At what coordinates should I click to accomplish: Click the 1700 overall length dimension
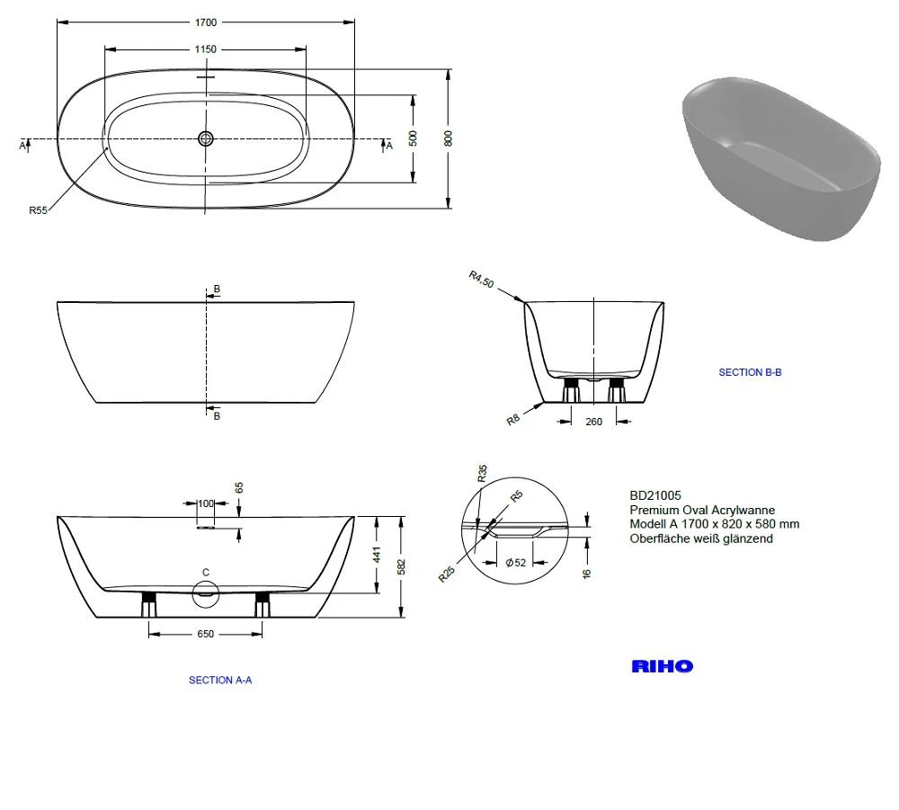(206, 22)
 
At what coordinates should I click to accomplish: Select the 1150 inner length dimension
(205, 49)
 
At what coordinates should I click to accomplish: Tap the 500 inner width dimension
(414, 138)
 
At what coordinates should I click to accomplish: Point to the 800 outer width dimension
(449, 138)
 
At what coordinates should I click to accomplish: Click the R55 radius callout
(38, 210)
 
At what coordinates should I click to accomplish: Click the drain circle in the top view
(206, 138)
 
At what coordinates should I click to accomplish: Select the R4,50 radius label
(481, 280)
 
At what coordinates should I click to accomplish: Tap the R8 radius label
(513, 420)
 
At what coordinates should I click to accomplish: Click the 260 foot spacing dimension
(594, 422)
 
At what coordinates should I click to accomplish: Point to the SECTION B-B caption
(750, 372)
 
